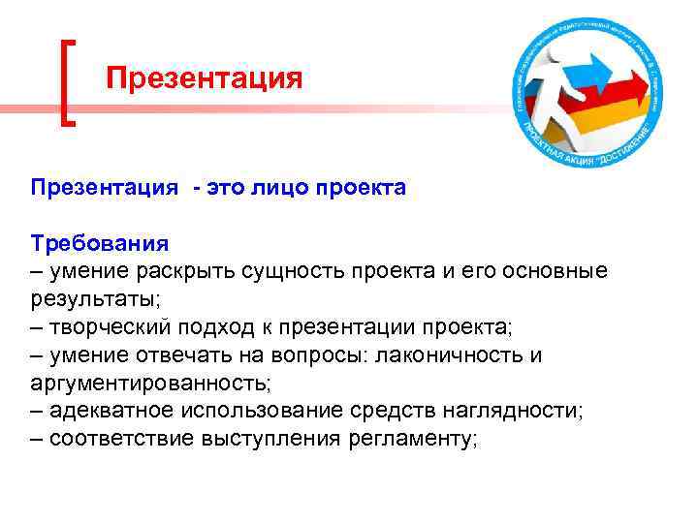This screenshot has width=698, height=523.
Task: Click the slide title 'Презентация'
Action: pyautogui.click(x=204, y=77)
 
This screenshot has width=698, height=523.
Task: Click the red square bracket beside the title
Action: pyautogui.click(x=67, y=82)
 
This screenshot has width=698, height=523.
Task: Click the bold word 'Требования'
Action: pyautogui.click(x=100, y=242)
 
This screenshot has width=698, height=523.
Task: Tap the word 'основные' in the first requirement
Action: pyautogui.click(x=557, y=270)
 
